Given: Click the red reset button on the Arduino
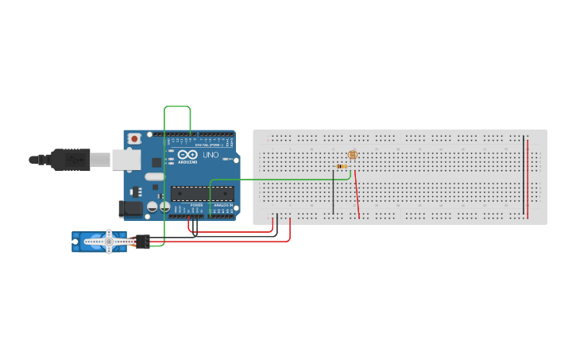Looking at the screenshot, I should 134,138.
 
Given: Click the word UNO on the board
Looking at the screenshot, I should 211,155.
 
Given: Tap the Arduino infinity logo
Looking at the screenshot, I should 184,155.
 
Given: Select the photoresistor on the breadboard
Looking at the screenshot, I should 353,155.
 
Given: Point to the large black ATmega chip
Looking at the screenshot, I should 202,193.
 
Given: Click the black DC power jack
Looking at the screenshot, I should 130,209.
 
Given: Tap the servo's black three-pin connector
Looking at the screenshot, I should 142,242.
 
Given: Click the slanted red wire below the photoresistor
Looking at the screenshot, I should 357,195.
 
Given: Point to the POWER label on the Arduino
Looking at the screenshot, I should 196,205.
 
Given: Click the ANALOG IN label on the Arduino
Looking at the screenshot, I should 222,205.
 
